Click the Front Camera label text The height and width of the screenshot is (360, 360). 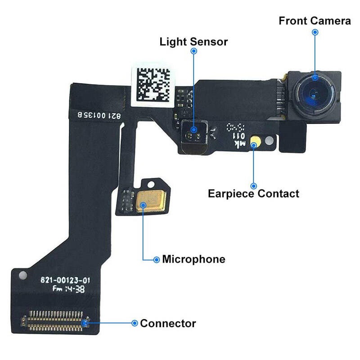click(315, 21)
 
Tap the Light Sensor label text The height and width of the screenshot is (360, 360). click(193, 42)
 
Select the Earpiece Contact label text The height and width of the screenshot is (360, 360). click(253, 194)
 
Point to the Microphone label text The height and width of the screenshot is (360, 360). click(193, 259)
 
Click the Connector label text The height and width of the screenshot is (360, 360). click(168, 323)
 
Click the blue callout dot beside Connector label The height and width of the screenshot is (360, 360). click(134, 323)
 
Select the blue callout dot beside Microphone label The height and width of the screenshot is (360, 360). click(157, 259)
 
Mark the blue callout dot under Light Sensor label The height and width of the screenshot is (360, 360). click(194, 51)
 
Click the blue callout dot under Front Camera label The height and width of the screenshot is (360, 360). click(315, 32)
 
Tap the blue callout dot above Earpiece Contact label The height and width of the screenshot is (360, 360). click(253, 185)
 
